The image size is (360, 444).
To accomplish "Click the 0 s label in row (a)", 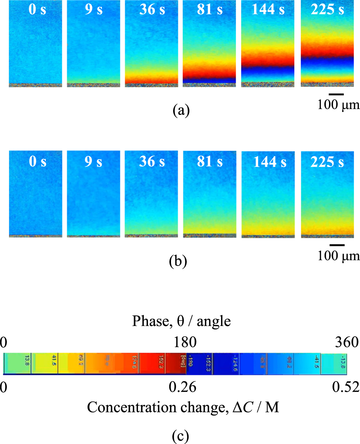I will point(37,10).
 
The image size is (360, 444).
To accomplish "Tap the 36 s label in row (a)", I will point(152,10).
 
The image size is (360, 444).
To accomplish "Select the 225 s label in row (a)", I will point(327,10).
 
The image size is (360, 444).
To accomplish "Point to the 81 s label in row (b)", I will point(210,162).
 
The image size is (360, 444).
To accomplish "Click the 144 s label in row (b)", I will point(270,162).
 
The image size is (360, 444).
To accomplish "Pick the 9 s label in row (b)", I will point(94,162).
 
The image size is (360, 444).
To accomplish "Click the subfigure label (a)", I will point(181,110).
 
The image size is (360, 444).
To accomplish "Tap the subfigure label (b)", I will point(178,261).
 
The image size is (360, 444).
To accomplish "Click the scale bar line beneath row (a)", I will point(336,94).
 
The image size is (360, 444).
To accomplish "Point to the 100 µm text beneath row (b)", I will point(338,256).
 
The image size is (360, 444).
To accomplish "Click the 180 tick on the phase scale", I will point(185,342).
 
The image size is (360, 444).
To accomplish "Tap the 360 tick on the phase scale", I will point(347,342).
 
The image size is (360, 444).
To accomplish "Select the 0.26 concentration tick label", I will point(183,387).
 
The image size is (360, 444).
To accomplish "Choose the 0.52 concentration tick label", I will point(346,387).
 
